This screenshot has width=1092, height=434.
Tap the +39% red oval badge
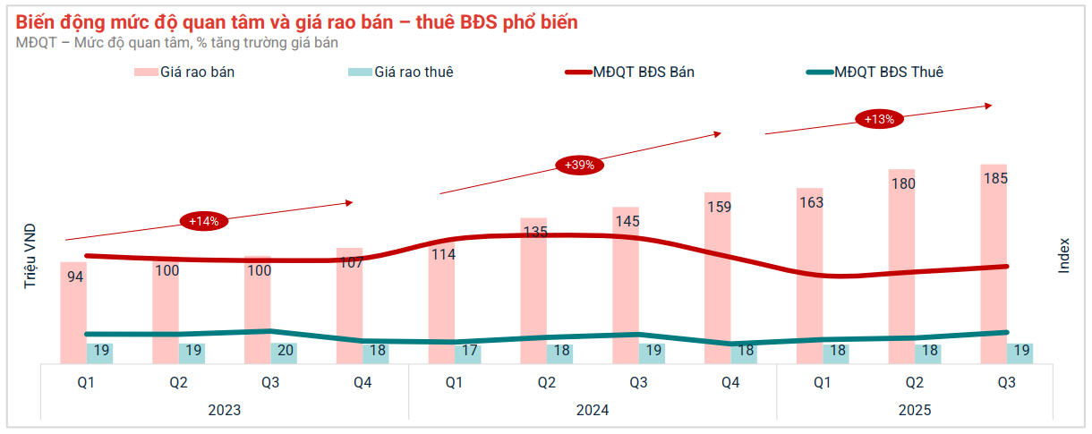[579, 165]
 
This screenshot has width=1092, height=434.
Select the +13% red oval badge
[879, 118]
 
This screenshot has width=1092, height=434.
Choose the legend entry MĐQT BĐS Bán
[644, 72]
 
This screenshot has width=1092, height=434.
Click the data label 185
[994, 178]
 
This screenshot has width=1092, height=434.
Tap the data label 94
[76, 277]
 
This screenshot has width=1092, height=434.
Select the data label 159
[718, 207]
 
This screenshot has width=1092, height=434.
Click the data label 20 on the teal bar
[286, 351]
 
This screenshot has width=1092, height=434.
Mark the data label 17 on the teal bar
[469, 351]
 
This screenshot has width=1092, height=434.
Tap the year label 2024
[593, 411]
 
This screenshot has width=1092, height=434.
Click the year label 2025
[915, 411]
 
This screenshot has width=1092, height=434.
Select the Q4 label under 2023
[363, 383]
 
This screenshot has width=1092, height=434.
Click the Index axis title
[1064, 255]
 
